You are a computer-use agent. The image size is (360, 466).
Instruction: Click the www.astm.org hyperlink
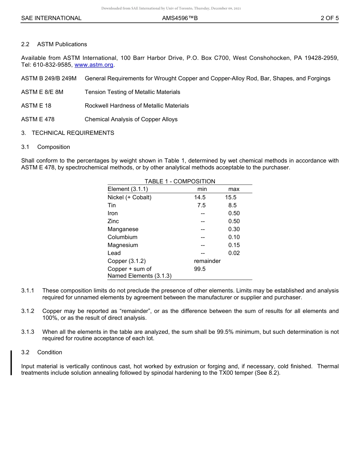(94, 65)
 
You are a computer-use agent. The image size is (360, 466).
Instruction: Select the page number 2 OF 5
(329, 18)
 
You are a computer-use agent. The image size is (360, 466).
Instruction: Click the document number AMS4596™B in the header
(180, 18)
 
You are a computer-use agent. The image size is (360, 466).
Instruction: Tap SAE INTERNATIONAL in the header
(51, 18)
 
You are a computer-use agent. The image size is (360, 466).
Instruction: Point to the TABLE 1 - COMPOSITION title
(180, 181)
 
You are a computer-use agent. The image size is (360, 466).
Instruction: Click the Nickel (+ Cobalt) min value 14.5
(200, 197)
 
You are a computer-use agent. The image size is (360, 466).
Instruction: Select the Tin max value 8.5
(232, 205)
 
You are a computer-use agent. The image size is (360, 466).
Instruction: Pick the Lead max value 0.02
(234, 253)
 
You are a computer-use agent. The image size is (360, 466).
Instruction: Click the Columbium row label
(122, 237)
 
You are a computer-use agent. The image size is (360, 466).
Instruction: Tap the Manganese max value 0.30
(234, 229)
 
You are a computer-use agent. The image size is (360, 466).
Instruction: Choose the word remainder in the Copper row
(207, 261)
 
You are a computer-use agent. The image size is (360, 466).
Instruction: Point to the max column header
(234, 189)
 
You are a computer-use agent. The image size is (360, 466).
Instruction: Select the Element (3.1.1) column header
(128, 189)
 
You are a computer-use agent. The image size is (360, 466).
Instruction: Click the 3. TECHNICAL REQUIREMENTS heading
(67, 133)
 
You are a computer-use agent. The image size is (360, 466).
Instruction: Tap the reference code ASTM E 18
(36, 106)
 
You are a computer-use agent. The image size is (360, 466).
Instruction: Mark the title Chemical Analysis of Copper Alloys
(131, 119)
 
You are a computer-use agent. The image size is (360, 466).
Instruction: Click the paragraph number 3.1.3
(28, 332)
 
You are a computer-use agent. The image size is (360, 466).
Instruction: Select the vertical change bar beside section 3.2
(11, 363)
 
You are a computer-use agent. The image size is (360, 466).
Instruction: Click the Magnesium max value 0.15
(234, 245)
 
